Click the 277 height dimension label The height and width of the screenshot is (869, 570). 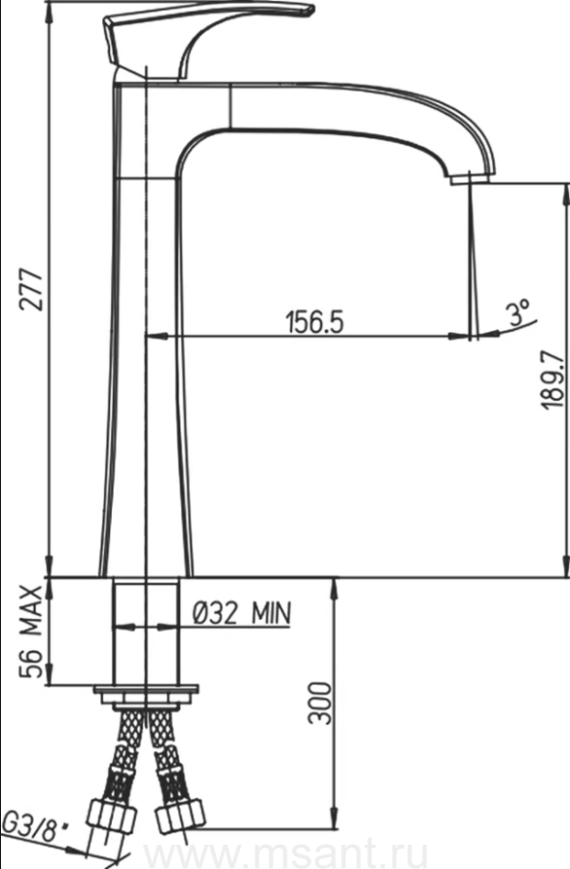tap(33, 290)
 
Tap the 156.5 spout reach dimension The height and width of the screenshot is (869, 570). tap(314, 322)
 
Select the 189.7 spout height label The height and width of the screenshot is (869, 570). tap(553, 379)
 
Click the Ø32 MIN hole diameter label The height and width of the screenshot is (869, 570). tap(241, 613)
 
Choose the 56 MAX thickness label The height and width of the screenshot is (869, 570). tap(32, 631)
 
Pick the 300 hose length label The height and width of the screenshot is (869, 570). tap(320, 703)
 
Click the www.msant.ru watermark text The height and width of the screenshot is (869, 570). tap(285, 855)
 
